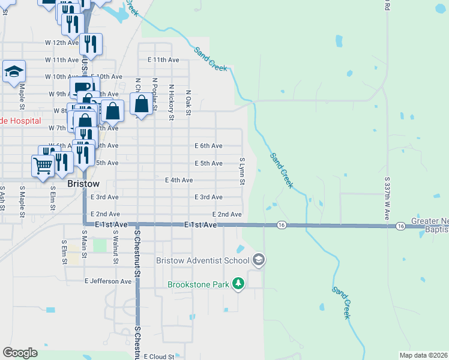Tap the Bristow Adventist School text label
[x=202, y=260]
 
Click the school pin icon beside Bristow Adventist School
[x=259, y=260]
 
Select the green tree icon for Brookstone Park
[x=238, y=283]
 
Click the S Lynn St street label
[x=243, y=172]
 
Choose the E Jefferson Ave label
[x=108, y=281]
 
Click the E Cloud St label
[x=158, y=356]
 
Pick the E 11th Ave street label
[x=164, y=60]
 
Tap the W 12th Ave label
[x=62, y=43]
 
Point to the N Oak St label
[x=188, y=100]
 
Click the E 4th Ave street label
[x=179, y=180]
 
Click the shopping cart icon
[x=43, y=166]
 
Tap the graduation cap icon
[x=13, y=72]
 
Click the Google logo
[x=20, y=352]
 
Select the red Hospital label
[x=20, y=121]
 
